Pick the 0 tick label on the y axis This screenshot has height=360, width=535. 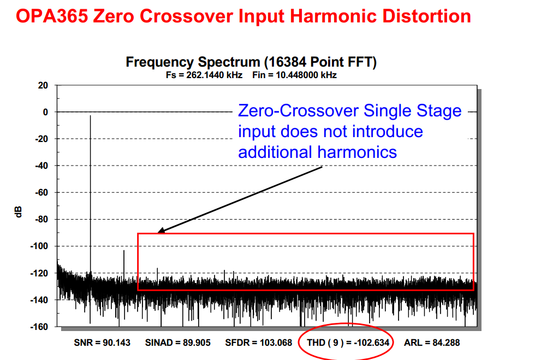tap(46, 112)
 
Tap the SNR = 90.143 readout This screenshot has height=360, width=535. tap(102, 343)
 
